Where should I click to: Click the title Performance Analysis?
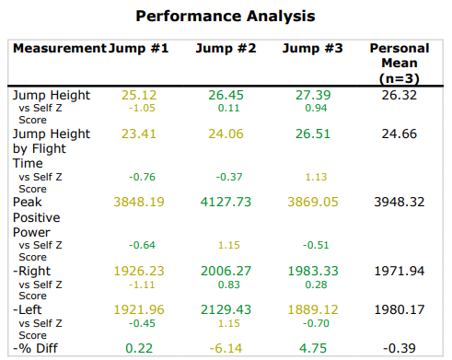pyautogui.click(x=226, y=17)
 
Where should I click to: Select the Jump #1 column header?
pyautogui.click(x=138, y=48)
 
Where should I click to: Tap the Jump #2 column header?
pyautogui.click(x=226, y=48)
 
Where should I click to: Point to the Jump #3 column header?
pyautogui.click(x=312, y=48)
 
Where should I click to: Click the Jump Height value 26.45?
pyautogui.click(x=226, y=95)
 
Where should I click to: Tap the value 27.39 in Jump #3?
pyautogui.click(x=312, y=95)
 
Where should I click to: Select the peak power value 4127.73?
pyautogui.click(x=226, y=201)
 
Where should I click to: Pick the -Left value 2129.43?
pyautogui.click(x=226, y=310)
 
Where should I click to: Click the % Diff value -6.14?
pyautogui.click(x=226, y=349)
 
